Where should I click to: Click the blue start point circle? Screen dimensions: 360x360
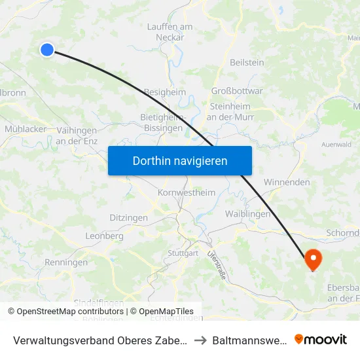point(47,49)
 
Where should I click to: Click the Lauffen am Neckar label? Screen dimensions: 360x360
point(170,32)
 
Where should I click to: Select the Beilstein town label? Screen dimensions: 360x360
point(247,62)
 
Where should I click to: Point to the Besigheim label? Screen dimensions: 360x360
point(164,92)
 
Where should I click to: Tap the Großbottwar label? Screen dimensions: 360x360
point(237,91)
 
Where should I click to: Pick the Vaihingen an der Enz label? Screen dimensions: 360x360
point(77,135)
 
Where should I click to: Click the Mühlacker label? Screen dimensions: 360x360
point(26,129)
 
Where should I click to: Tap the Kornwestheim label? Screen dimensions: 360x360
point(187,193)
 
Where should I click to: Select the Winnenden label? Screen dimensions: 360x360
point(287,182)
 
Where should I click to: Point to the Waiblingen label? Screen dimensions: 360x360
point(247,214)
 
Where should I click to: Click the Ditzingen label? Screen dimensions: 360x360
point(128,217)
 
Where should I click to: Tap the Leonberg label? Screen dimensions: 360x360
point(105,236)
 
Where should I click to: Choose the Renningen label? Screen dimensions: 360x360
point(66,262)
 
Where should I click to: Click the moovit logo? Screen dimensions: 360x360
point(321,339)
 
